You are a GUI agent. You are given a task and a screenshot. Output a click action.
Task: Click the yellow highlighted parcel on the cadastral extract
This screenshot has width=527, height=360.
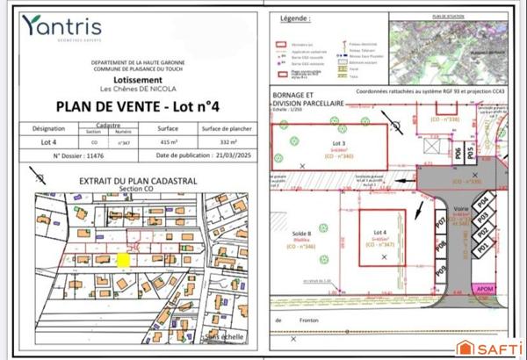[124, 260]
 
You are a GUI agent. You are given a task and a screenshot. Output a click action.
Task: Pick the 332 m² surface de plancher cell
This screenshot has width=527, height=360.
[227, 140]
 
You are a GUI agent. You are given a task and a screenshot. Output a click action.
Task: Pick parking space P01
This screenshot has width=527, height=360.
[482, 249]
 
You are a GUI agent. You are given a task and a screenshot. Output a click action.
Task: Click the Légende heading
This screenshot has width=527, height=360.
[294, 18]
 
